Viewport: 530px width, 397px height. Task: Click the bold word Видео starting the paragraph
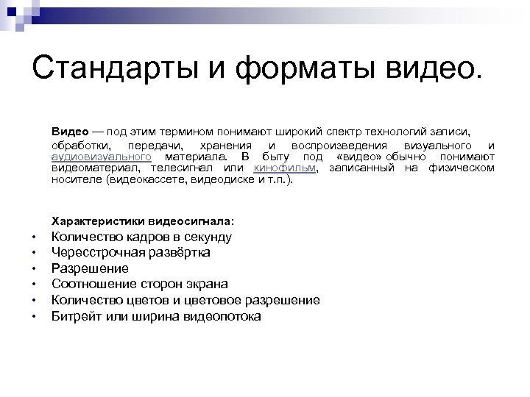(67, 131)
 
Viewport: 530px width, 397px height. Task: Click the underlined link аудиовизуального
(102, 157)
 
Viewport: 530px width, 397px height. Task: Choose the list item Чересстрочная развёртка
(130, 252)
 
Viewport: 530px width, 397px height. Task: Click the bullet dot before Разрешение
(34, 268)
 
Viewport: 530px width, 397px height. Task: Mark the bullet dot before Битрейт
(34, 316)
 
